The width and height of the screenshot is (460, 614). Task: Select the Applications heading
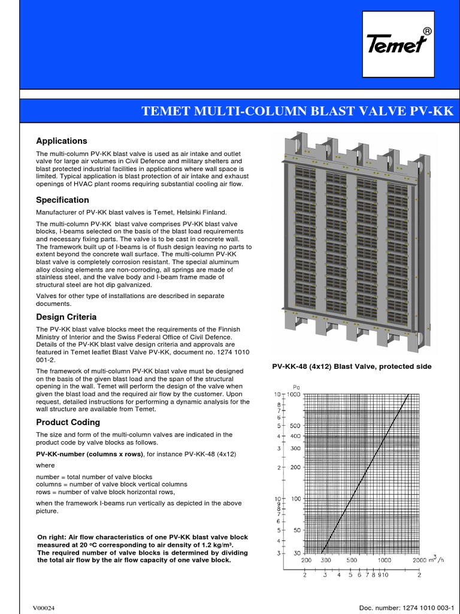click(x=62, y=141)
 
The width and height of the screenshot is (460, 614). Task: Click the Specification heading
click(x=62, y=200)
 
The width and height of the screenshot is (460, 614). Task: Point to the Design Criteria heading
click(x=66, y=317)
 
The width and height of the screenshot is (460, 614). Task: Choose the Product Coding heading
click(x=68, y=422)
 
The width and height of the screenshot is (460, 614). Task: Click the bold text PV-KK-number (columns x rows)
click(x=89, y=454)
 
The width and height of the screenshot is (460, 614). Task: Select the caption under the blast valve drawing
click(x=352, y=366)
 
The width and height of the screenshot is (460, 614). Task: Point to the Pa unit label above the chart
click(x=295, y=387)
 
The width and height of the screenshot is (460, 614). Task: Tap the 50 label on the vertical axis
click(x=295, y=530)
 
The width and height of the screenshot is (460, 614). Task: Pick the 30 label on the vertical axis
click(x=295, y=553)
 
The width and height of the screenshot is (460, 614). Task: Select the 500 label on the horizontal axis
click(x=351, y=560)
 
